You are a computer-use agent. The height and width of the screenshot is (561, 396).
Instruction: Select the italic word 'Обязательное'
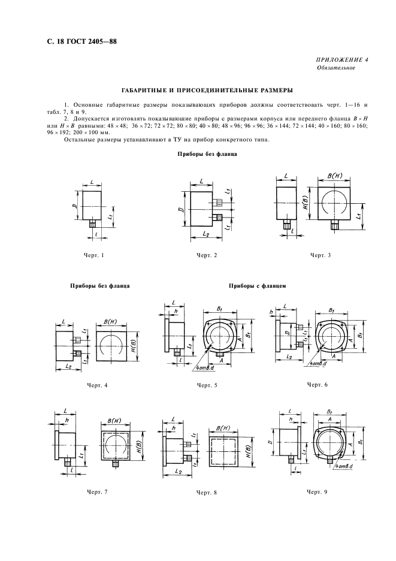click(x=335, y=68)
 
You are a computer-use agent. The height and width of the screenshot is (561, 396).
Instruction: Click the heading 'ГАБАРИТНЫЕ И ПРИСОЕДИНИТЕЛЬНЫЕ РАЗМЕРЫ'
click(x=198, y=91)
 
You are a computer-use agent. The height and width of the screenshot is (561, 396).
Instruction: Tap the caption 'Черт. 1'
click(x=95, y=256)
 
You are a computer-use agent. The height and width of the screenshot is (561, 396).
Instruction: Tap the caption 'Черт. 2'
click(x=207, y=256)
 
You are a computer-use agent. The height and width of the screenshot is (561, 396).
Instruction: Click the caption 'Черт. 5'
click(x=207, y=385)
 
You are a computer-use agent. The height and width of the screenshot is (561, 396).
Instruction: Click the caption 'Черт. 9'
click(x=317, y=491)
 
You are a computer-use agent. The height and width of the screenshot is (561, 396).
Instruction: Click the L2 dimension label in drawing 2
click(x=205, y=233)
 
